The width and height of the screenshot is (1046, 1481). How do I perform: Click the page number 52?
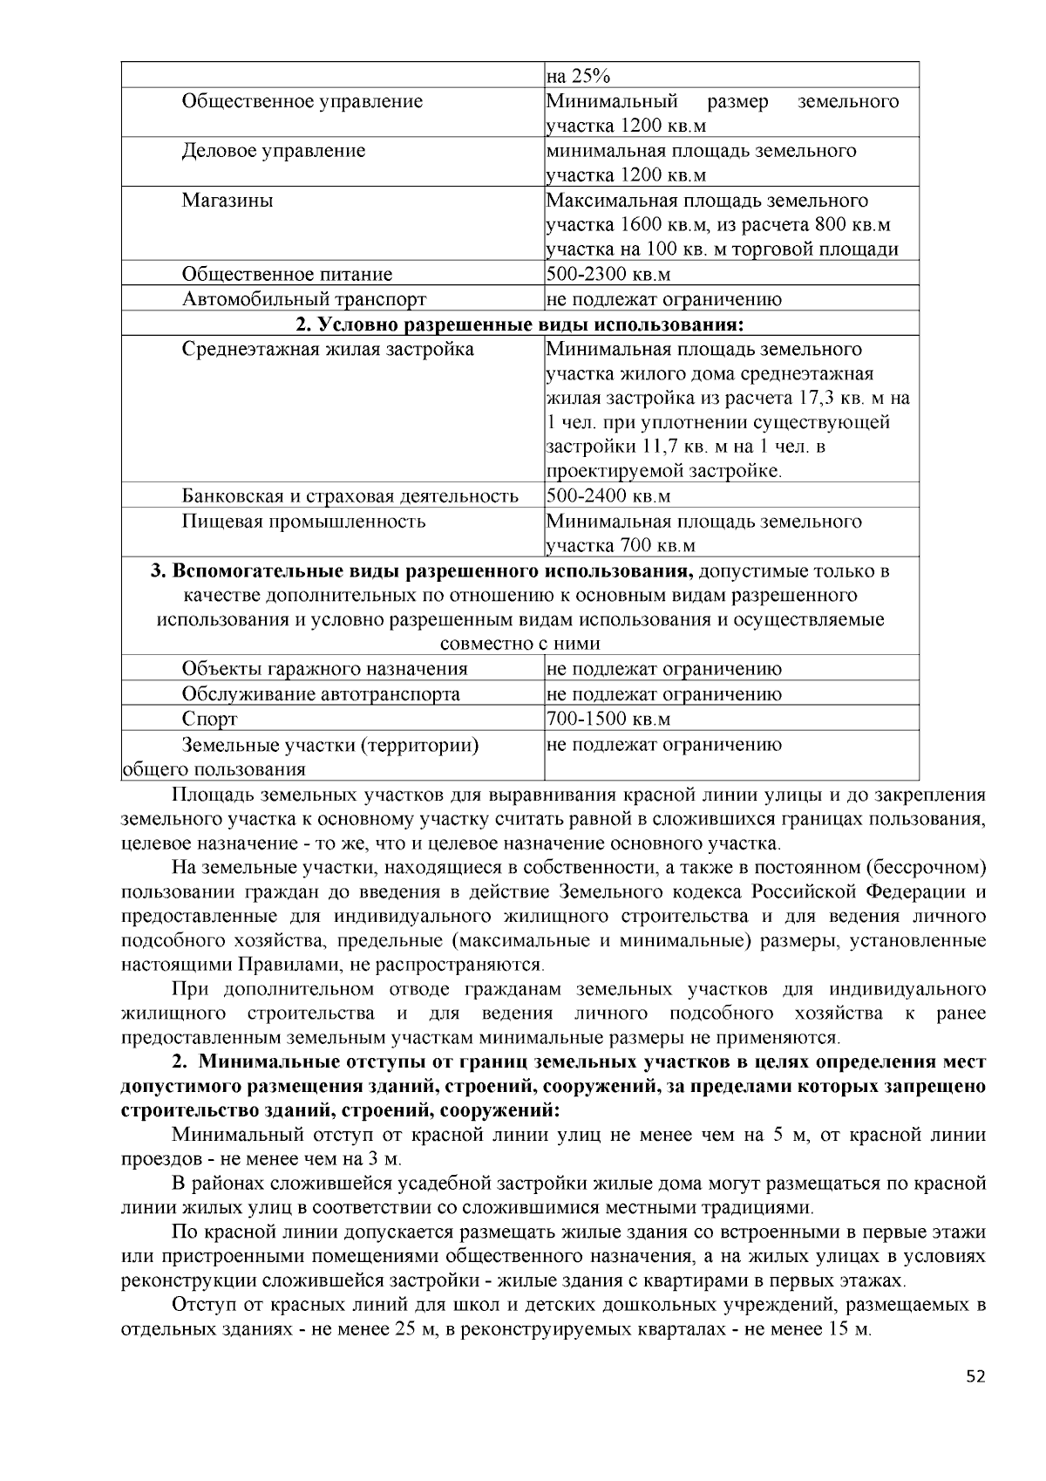[x=975, y=1377]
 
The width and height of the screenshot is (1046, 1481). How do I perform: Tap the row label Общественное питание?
[x=287, y=275]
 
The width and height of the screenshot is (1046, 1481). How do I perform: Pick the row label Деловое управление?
[x=273, y=151]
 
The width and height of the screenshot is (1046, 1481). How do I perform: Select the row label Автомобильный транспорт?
[x=303, y=299]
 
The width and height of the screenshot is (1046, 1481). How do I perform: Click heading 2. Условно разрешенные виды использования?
[x=520, y=324]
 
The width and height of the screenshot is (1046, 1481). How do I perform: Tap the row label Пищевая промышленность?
[x=303, y=522]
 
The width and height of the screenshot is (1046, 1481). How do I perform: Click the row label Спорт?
[x=209, y=720]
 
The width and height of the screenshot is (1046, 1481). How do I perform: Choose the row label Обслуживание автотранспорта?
[x=321, y=694]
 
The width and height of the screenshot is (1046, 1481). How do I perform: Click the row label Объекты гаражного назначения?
[x=324, y=669]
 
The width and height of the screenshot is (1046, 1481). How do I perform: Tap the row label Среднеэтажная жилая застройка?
[x=328, y=350]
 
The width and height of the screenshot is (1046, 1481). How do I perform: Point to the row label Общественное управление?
[x=302, y=101]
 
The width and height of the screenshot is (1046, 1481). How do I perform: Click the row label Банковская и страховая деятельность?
[x=350, y=496]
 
